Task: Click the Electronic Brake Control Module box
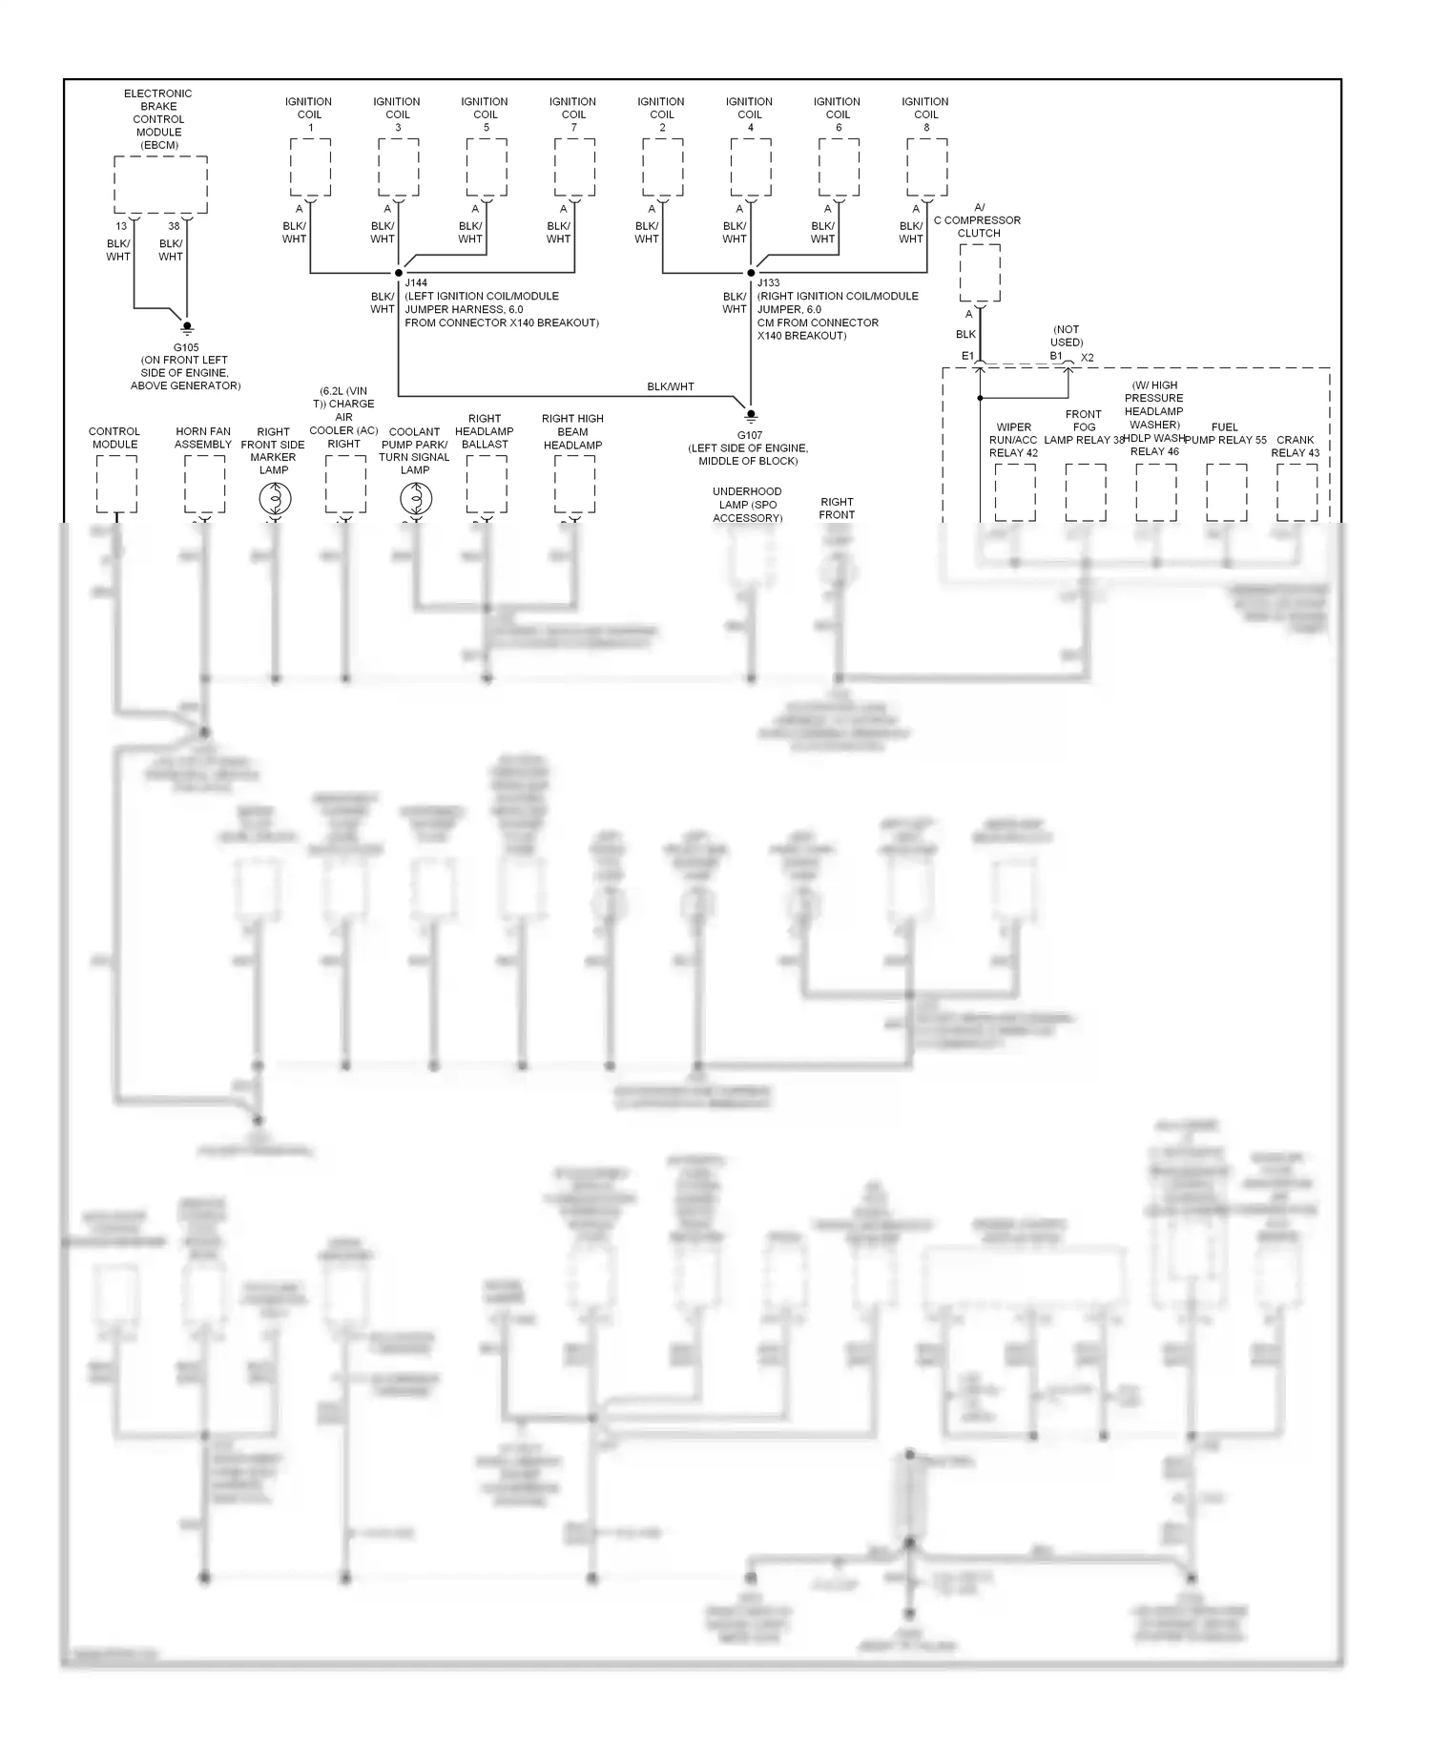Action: click(x=160, y=185)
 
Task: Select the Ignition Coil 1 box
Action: click(x=310, y=167)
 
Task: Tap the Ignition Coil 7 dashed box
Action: click(x=574, y=167)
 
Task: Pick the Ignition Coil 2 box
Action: click(x=662, y=167)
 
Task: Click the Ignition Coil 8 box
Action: click(x=926, y=167)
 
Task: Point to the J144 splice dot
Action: click(x=399, y=273)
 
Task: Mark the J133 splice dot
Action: click(x=751, y=273)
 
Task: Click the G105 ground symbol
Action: click(x=187, y=327)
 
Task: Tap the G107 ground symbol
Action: click(x=751, y=415)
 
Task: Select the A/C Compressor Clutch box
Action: click(x=980, y=272)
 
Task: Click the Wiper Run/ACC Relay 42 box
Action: click(x=1014, y=492)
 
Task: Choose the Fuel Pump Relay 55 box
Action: click(x=1226, y=492)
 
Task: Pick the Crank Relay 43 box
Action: click(x=1296, y=492)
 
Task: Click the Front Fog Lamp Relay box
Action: click(x=1085, y=492)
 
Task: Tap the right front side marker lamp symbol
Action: click(x=275, y=498)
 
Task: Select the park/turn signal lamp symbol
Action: click(x=416, y=498)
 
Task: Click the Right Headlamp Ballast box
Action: click(x=486, y=485)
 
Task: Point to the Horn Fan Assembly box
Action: click(x=204, y=485)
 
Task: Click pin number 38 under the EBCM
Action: click(x=174, y=226)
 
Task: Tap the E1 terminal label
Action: click(x=967, y=356)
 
